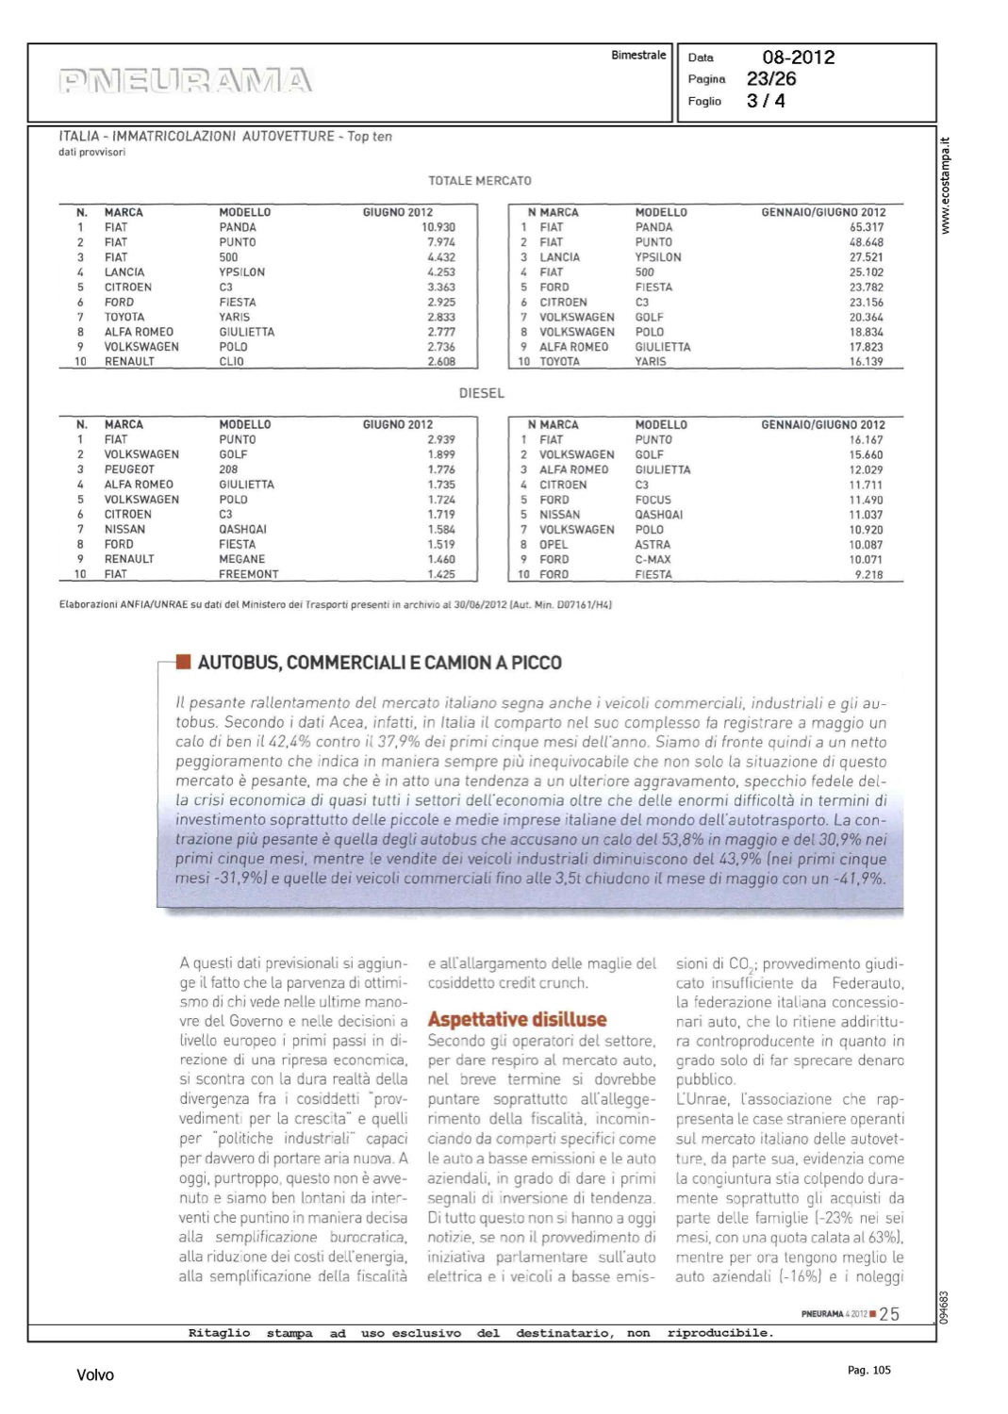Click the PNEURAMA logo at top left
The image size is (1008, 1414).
(x=185, y=80)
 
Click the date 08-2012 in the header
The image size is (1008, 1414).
(x=798, y=58)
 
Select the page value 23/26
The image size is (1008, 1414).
(x=771, y=79)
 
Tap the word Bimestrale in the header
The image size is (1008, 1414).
(x=638, y=56)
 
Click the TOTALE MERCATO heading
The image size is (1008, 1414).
(x=480, y=181)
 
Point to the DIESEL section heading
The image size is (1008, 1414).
(x=482, y=393)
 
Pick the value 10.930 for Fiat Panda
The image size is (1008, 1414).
(x=438, y=227)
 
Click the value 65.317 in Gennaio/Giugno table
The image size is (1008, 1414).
(x=867, y=227)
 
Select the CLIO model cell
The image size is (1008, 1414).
(x=232, y=362)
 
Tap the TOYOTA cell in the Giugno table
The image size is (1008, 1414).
(x=124, y=318)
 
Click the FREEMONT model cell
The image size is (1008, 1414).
(x=249, y=574)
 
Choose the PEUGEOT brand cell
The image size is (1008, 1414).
(x=129, y=469)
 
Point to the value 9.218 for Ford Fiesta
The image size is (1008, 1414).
(x=869, y=574)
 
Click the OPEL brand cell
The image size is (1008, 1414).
(x=554, y=545)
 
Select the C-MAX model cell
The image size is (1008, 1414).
(x=653, y=560)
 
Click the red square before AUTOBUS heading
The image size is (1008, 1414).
(x=184, y=662)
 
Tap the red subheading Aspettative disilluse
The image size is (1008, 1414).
(x=517, y=1019)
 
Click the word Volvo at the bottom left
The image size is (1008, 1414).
(x=95, y=1375)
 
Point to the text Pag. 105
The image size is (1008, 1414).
(x=868, y=1370)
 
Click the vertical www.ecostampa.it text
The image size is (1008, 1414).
(x=946, y=187)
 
